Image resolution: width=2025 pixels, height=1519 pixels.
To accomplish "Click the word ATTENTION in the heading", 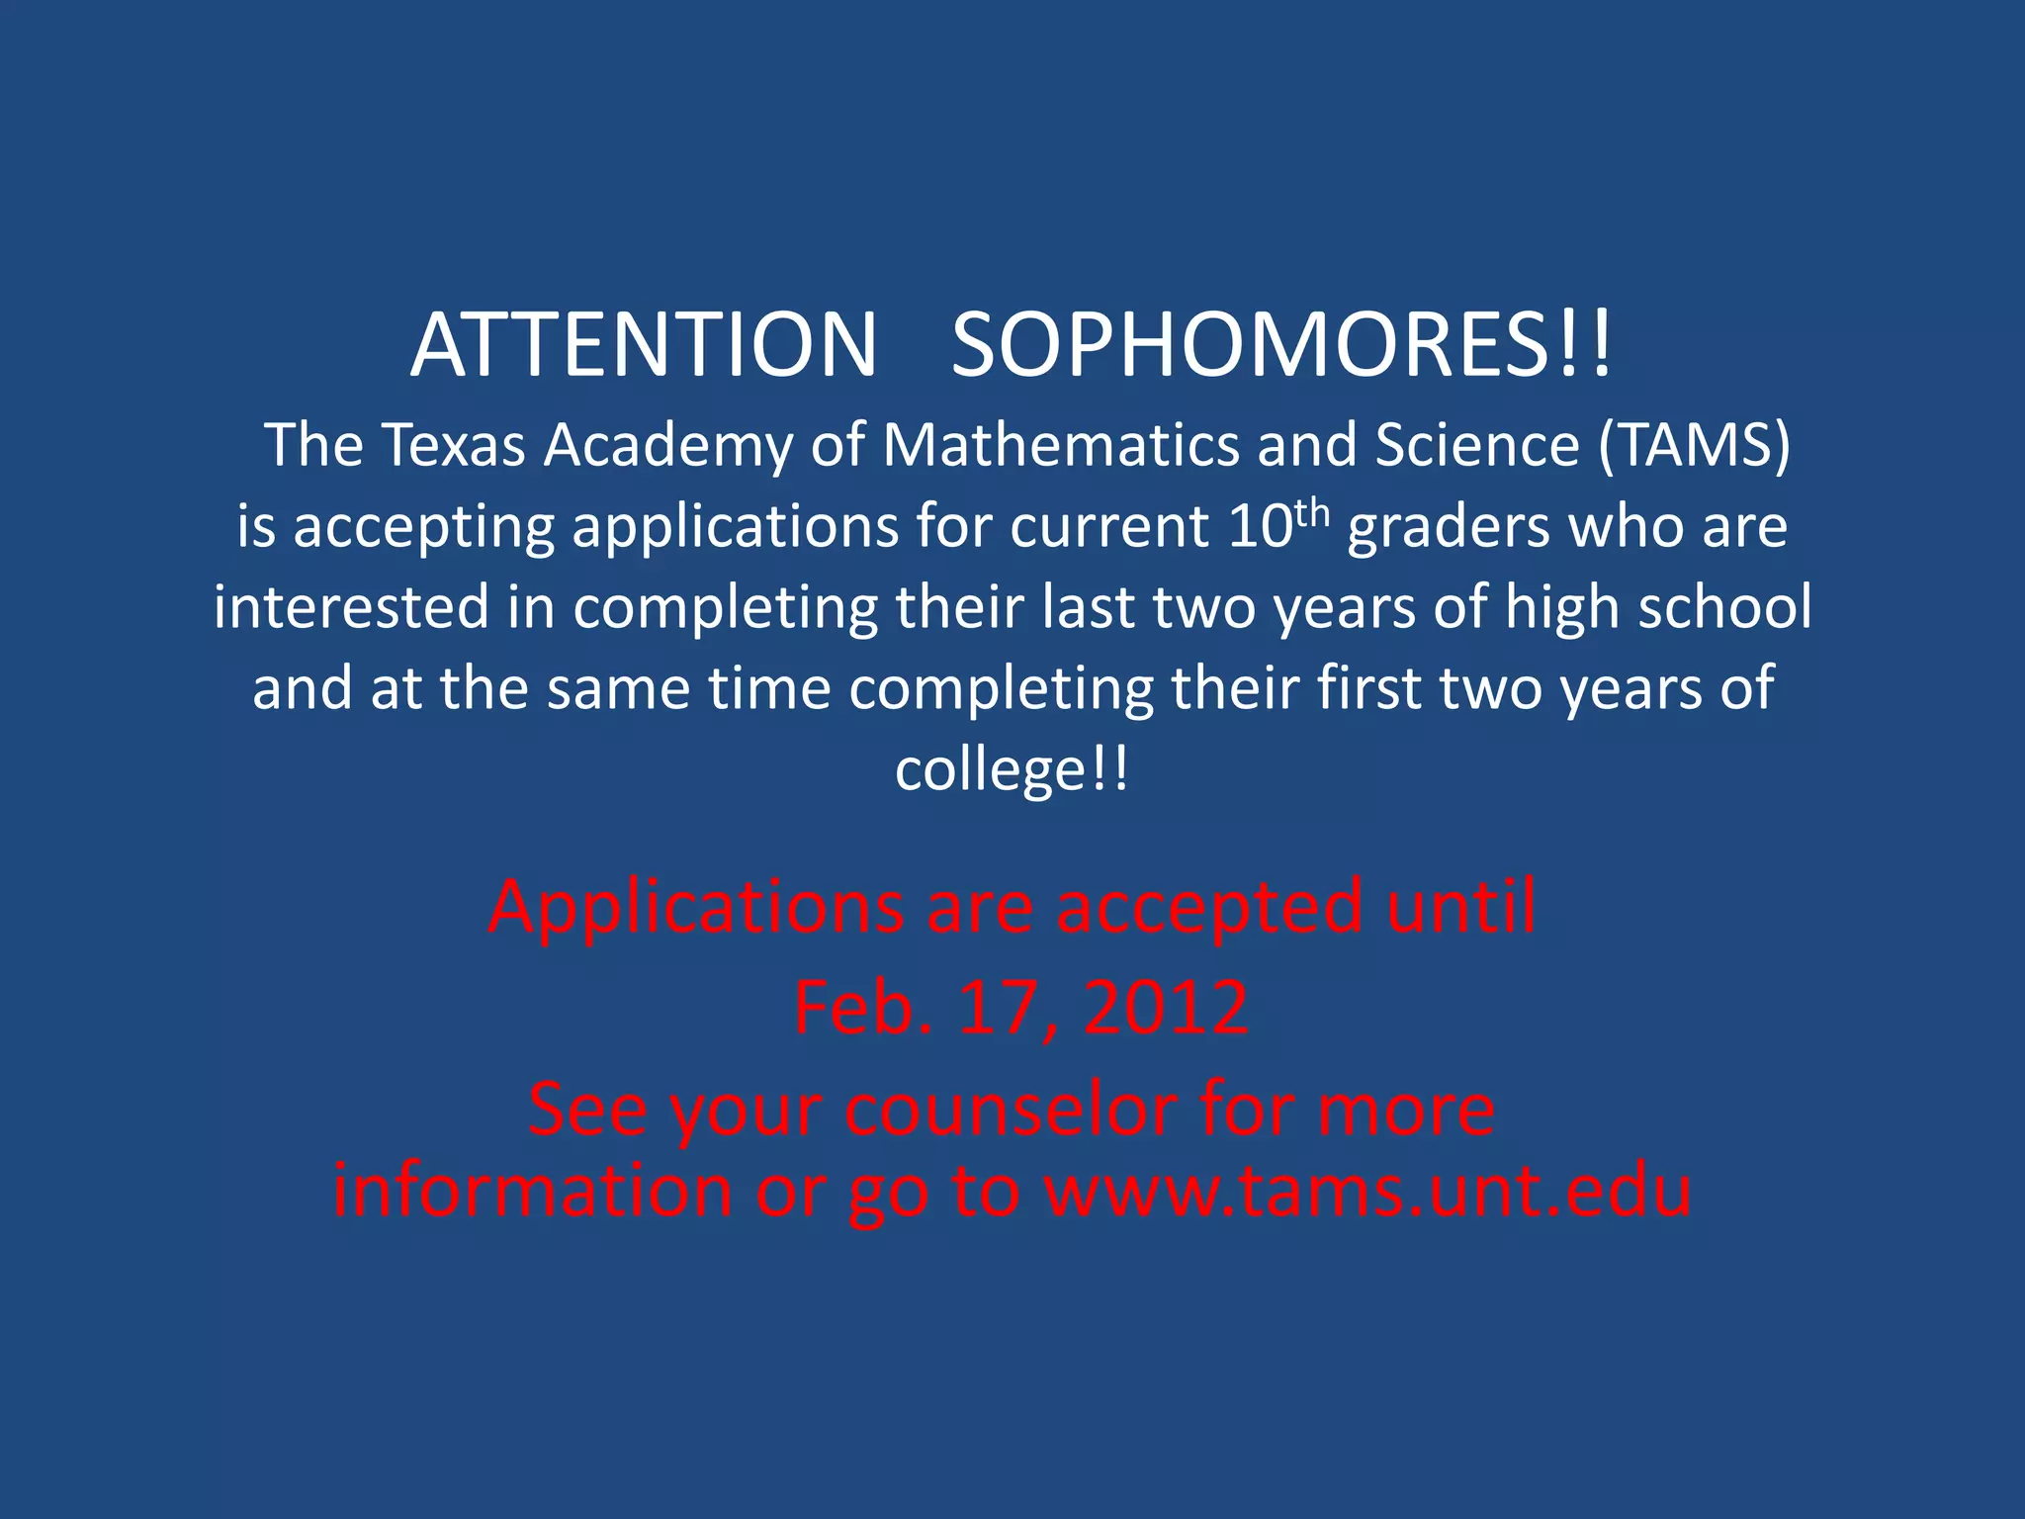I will point(644,345).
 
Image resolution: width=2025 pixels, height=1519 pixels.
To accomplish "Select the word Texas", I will point(453,445).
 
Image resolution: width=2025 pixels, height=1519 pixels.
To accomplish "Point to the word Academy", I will point(667,445).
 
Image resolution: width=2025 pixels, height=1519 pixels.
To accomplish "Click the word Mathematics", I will point(1059,445).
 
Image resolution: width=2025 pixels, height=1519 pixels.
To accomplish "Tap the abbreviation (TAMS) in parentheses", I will point(1694,445).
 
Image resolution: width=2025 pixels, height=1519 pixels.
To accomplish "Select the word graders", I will point(1449,527).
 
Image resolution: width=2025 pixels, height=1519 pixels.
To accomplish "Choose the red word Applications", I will point(696,906).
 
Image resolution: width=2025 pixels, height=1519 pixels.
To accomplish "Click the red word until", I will point(1460,906).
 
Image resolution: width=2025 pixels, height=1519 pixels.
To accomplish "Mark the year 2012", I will point(1166,1008).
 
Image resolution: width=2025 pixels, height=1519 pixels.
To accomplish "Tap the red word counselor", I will point(1010,1110).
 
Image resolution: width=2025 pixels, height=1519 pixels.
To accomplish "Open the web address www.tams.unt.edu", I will point(1368,1191).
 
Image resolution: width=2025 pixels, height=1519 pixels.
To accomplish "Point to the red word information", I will point(532,1191).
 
